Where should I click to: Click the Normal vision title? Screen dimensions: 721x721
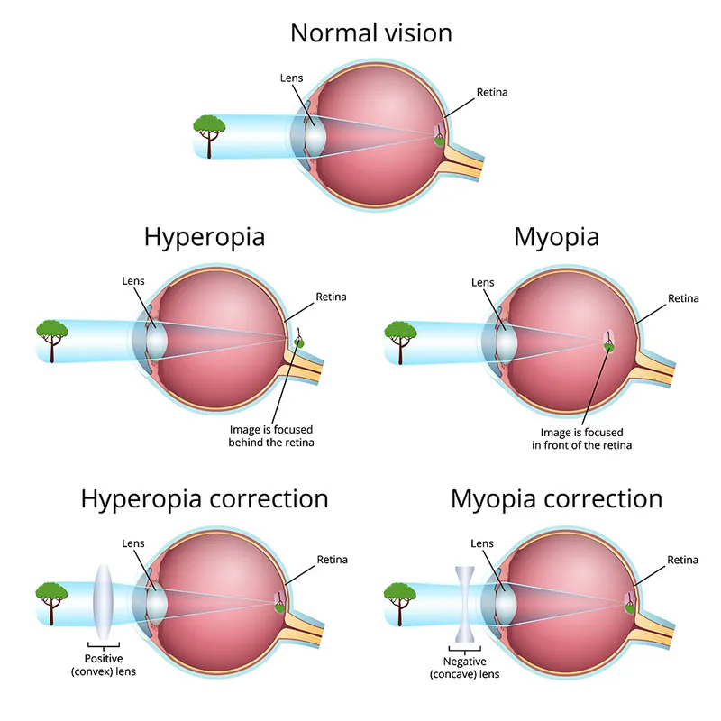tap(370, 34)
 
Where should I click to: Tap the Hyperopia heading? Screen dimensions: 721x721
tap(205, 237)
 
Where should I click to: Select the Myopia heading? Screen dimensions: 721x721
tap(556, 237)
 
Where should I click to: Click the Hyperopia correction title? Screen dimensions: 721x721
tap(205, 498)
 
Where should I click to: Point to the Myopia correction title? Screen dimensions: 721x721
tap(556, 498)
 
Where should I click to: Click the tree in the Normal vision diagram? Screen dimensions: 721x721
tap(210, 131)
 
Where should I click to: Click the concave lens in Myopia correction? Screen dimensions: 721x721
tap(466, 600)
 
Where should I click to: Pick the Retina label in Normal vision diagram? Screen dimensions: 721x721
tap(490, 93)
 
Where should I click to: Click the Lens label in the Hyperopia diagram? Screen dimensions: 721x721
tap(132, 281)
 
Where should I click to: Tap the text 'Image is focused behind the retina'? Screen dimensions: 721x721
tap(271, 436)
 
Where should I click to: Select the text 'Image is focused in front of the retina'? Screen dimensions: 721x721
tap(581, 439)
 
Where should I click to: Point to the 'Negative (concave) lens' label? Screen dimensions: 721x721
tap(464, 668)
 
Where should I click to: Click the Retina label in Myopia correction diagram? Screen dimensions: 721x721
tap(682, 560)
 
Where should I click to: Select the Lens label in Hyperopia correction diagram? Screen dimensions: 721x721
tap(132, 543)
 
